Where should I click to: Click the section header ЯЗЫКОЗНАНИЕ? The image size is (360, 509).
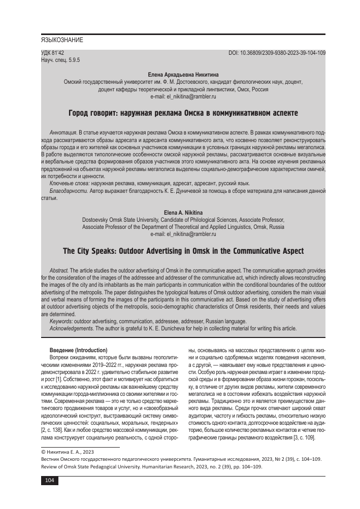62,40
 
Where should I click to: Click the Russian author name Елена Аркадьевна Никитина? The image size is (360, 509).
183,75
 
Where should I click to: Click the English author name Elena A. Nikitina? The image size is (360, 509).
183,212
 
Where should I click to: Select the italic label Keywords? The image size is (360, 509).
61,321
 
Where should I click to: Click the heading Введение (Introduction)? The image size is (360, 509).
78,350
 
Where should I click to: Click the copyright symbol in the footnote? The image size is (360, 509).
43,452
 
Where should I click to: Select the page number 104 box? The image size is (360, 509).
49,481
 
